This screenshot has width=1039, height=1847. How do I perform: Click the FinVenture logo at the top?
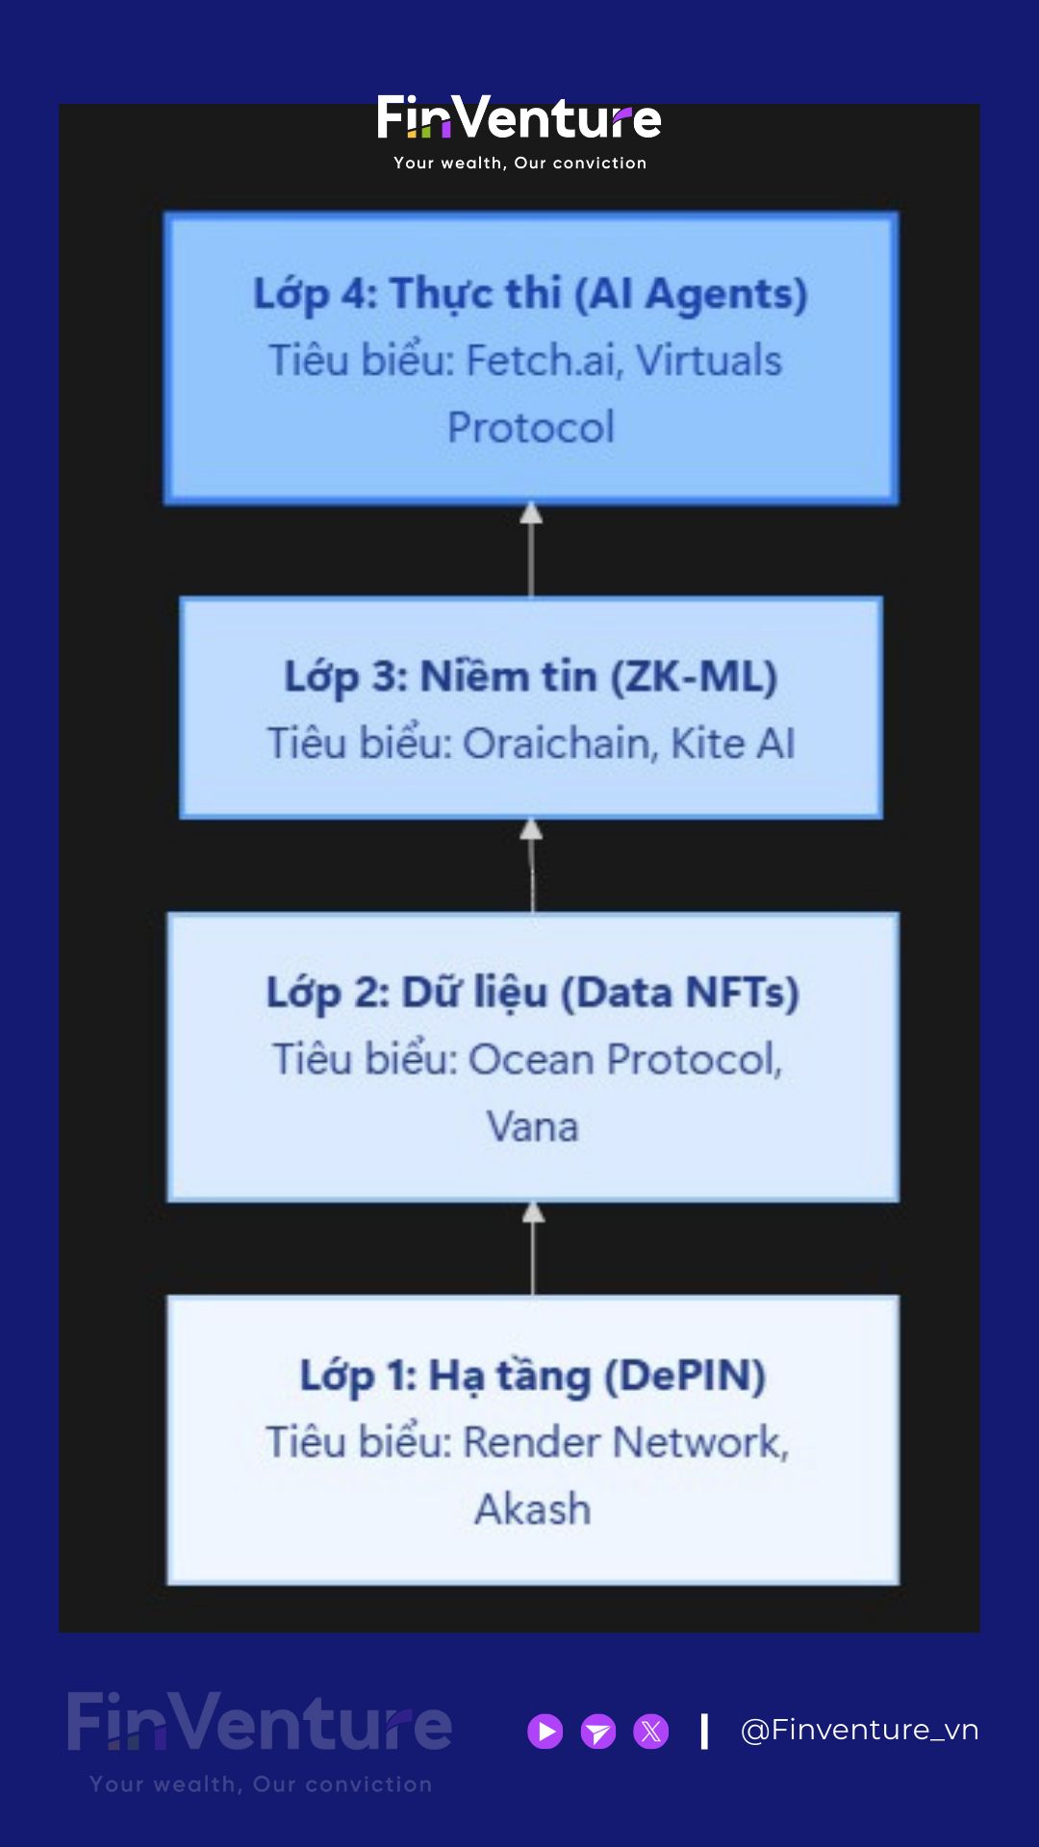[519, 119]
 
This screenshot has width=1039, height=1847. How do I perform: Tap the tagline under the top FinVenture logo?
[519, 164]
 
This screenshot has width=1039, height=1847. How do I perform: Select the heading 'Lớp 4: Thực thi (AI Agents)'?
[530, 293]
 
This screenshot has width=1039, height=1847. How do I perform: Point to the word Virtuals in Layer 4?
[709, 361]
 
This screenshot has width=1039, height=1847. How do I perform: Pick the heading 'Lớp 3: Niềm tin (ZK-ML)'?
[530, 676]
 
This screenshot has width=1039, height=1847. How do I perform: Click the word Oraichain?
[557, 744]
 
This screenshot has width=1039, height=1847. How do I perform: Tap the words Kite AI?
[733, 744]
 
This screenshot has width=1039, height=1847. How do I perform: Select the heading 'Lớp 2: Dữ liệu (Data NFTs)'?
[532, 993]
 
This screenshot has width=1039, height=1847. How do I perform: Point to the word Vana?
[532, 1126]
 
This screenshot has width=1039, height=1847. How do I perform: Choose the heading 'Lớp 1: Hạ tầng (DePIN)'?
[532, 1376]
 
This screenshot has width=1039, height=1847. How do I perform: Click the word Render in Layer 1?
[532, 1443]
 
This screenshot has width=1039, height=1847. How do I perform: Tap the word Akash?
[532, 1509]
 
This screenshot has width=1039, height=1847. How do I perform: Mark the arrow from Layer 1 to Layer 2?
[533, 1249]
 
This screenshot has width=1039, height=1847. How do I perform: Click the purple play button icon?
[545, 1732]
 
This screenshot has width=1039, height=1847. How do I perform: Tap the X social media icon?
[651, 1732]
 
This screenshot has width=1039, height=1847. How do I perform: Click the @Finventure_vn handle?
[859, 1731]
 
